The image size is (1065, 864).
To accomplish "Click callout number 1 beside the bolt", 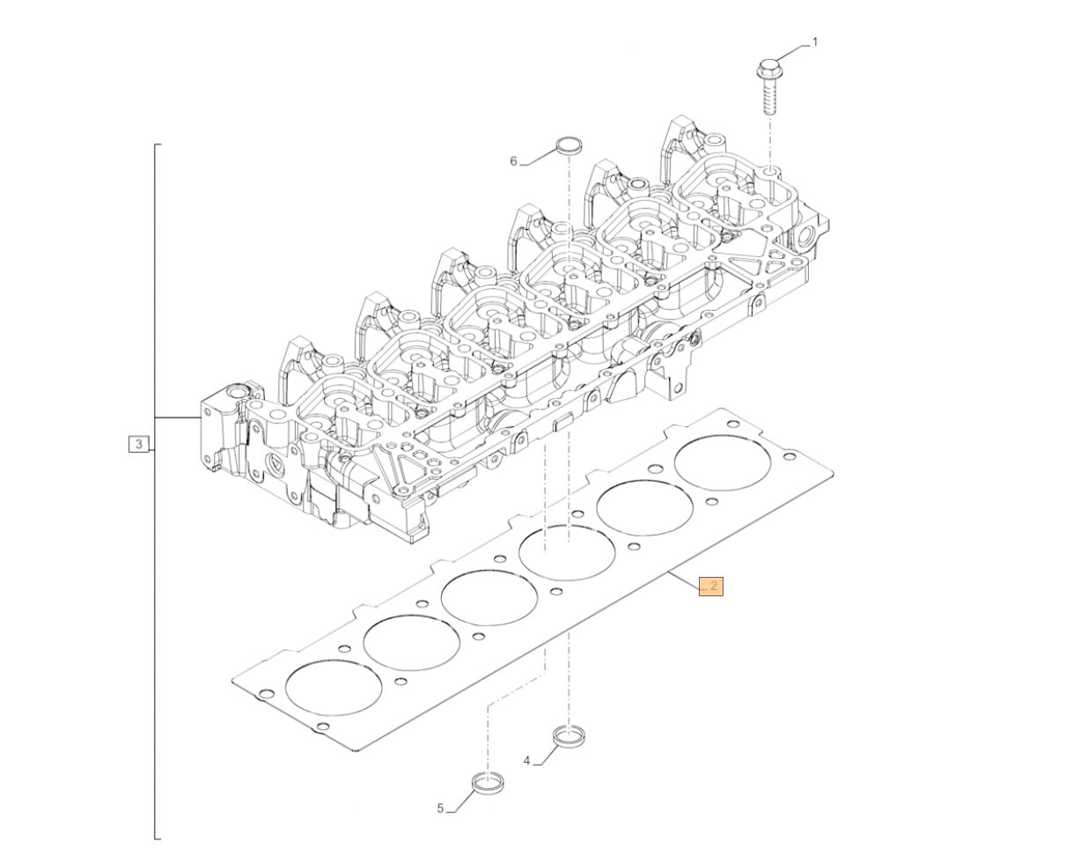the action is point(814,43).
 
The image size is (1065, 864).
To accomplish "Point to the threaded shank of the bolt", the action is point(769,97).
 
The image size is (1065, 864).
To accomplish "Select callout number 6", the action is point(513,161).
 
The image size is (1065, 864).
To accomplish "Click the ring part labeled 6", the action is point(569,145).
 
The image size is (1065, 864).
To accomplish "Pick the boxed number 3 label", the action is point(139,444).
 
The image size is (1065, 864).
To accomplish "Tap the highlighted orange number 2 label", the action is point(711,586).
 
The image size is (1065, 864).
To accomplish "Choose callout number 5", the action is point(440,822).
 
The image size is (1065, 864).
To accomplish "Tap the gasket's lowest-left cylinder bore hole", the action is point(333,686).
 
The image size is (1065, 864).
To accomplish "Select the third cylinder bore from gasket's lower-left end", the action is point(489,597).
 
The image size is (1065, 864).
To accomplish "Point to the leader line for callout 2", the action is point(684,580).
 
